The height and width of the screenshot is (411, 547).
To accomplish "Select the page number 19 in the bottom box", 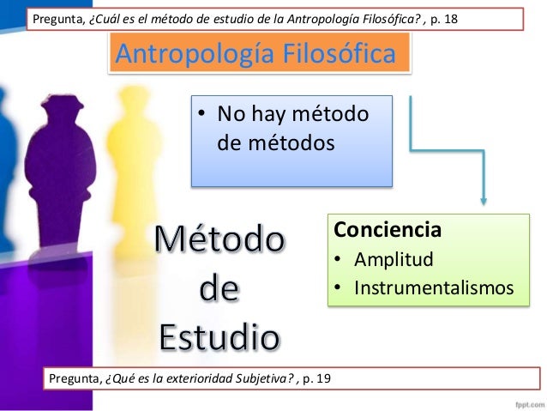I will pos(327,377).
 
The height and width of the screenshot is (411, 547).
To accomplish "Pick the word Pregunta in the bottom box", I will pos(75,377).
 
